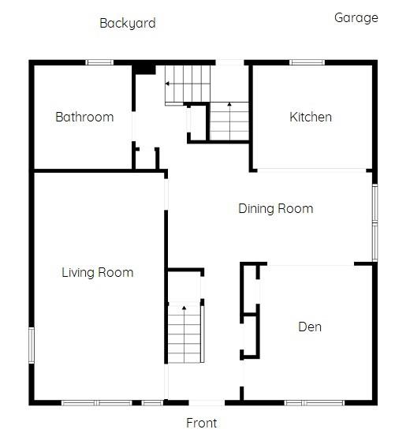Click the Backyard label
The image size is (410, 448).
coord(127,23)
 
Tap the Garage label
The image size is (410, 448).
coord(356,17)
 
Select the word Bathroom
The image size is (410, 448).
coord(84,117)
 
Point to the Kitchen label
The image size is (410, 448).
coord(311,117)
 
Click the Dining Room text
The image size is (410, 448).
coord(275,208)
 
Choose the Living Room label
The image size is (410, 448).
coord(97,272)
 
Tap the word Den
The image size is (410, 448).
coord(309,327)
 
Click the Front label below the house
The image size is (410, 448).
coord(201,423)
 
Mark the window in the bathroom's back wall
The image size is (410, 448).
coord(99,62)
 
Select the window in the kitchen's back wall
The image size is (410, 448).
coord(307,62)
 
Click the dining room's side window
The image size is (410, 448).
coord(375,222)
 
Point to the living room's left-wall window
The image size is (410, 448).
coord(32,346)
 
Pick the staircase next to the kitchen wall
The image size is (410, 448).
coord(229,121)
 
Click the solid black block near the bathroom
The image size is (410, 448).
coord(143,69)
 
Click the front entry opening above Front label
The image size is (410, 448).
coord(203,403)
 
